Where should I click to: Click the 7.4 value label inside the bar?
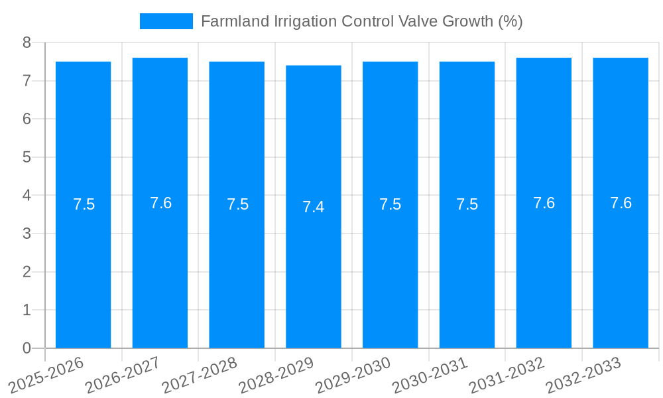314,207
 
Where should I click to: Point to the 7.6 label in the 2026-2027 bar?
160,203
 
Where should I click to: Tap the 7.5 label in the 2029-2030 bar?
390,204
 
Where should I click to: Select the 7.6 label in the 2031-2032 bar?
544,203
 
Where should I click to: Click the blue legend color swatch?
166,21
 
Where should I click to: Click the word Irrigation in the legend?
305,21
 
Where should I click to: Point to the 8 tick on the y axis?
27,42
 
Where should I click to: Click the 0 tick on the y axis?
27,348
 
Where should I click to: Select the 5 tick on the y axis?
27,157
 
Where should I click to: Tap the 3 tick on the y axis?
27,233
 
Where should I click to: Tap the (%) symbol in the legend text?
510,21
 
